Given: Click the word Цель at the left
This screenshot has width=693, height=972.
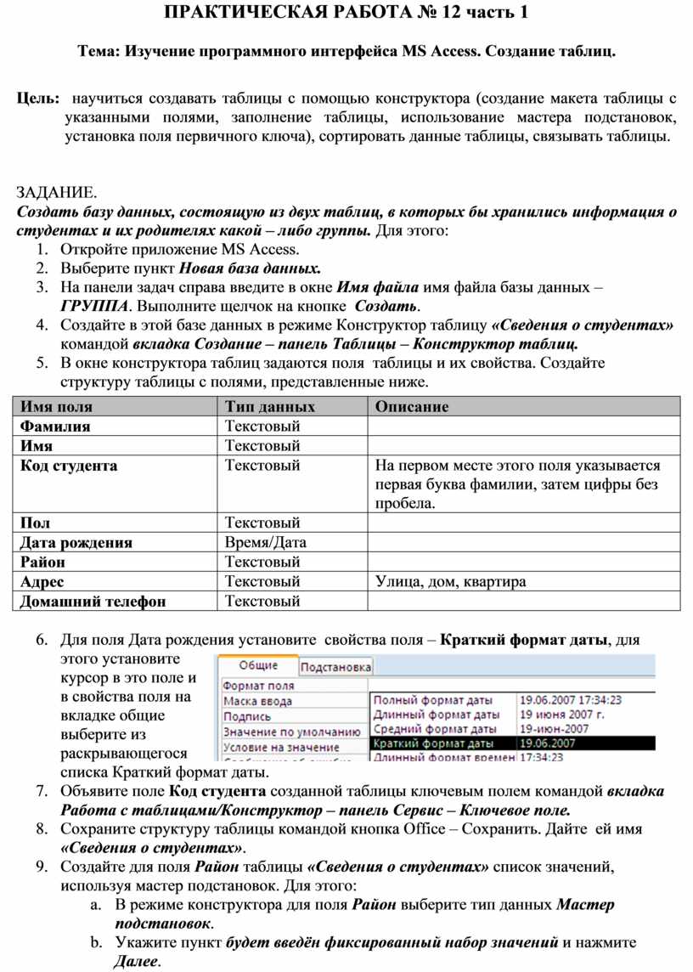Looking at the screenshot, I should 37,99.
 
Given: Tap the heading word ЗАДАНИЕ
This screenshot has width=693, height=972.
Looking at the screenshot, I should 58,193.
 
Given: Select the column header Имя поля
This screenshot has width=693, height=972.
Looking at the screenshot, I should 56,406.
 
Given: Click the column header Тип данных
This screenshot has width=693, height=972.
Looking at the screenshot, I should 270,406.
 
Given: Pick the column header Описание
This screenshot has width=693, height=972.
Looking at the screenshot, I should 412,406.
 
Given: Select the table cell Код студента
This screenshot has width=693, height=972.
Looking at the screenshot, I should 69,466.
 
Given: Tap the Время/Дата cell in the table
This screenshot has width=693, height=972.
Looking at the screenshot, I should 266,542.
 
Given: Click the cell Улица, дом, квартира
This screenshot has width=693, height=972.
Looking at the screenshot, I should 450,582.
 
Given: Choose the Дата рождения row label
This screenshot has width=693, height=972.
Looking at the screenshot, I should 76,542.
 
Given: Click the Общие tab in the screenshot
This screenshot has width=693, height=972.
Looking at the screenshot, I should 257,666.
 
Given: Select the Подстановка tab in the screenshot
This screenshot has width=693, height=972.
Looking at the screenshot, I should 336,667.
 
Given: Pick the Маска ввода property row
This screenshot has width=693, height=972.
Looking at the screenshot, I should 258,701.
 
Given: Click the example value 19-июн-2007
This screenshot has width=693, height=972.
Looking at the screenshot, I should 555,729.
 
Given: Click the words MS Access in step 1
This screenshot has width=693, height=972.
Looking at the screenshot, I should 259,249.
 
